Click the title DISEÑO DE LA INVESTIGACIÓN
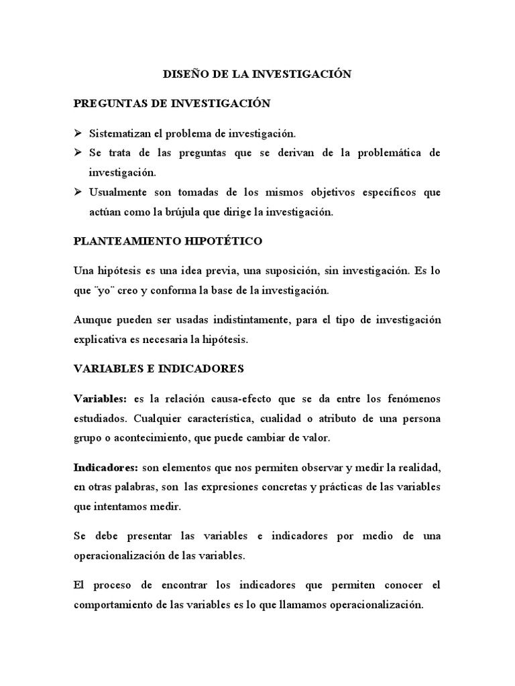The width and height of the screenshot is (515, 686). (x=257, y=74)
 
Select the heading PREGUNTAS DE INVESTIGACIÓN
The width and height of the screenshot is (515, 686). (x=172, y=104)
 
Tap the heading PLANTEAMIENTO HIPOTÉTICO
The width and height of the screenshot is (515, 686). (x=168, y=241)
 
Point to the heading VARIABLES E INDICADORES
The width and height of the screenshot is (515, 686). (x=159, y=369)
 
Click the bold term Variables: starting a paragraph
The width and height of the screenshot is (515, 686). (x=100, y=399)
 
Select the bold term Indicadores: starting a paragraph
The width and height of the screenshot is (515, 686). (x=106, y=466)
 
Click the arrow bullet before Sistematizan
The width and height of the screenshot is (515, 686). (x=78, y=134)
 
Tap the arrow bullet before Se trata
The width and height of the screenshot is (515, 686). (x=78, y=153)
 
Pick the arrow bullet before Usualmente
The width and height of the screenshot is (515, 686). (x=78, y=192)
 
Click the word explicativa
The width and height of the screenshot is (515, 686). (x=101, y=340)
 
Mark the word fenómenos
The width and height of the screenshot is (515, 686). (x=410, y=399)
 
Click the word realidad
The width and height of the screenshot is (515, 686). (x=418, y=466)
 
